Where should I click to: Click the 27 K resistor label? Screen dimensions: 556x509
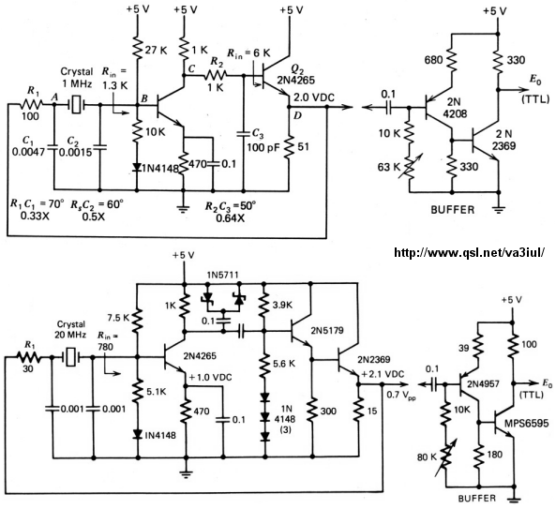pos(156,51)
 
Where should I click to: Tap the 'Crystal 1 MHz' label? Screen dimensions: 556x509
pos(77,78)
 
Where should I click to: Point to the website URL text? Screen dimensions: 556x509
pos(469,252)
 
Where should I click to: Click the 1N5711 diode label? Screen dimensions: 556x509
pos(223,275)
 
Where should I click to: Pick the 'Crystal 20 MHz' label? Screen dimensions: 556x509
pos(71,329)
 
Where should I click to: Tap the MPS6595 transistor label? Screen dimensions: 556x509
pos(527,423)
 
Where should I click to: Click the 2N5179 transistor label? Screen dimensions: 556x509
pos(327,331)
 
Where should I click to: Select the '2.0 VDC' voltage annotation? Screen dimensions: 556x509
pos(314,97)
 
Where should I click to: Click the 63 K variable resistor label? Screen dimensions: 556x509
pos(389,167)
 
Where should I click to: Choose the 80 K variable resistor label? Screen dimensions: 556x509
pos(427,457)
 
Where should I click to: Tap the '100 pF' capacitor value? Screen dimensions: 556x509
pos(261,147)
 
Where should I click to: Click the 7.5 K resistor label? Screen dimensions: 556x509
pos(118,318)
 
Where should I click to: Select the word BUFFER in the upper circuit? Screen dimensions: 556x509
pos(453,209)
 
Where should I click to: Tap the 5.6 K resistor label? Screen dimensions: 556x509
pos(285,364)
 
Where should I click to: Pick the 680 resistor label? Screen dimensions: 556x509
pos(434,60)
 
